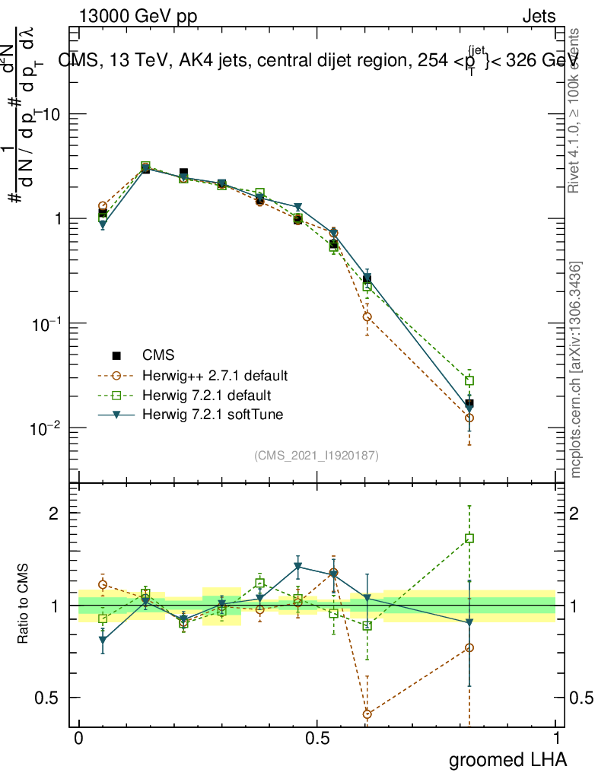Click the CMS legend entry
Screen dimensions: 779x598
click(x=158, y=355)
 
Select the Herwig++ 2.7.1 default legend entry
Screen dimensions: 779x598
click(x=215, y=376)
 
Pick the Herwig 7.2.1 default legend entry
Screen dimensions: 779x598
click(x=207, y=396)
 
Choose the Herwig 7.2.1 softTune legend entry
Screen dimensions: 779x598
click(x=211, y=415)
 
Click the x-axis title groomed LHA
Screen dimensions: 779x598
click(x=507, y=760)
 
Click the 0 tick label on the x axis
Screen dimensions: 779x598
click(x=79, y=739)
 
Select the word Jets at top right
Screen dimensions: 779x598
click(x=539, y=17)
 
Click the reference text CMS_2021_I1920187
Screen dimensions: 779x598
click(x=316, y=456)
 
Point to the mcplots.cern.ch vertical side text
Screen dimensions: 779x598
click(x=577, y=370)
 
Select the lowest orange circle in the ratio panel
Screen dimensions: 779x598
click(x=367, y=714)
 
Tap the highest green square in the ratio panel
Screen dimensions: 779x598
click(x=469, y=539)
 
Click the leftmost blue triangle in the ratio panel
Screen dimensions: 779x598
click(x=102, y=641)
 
